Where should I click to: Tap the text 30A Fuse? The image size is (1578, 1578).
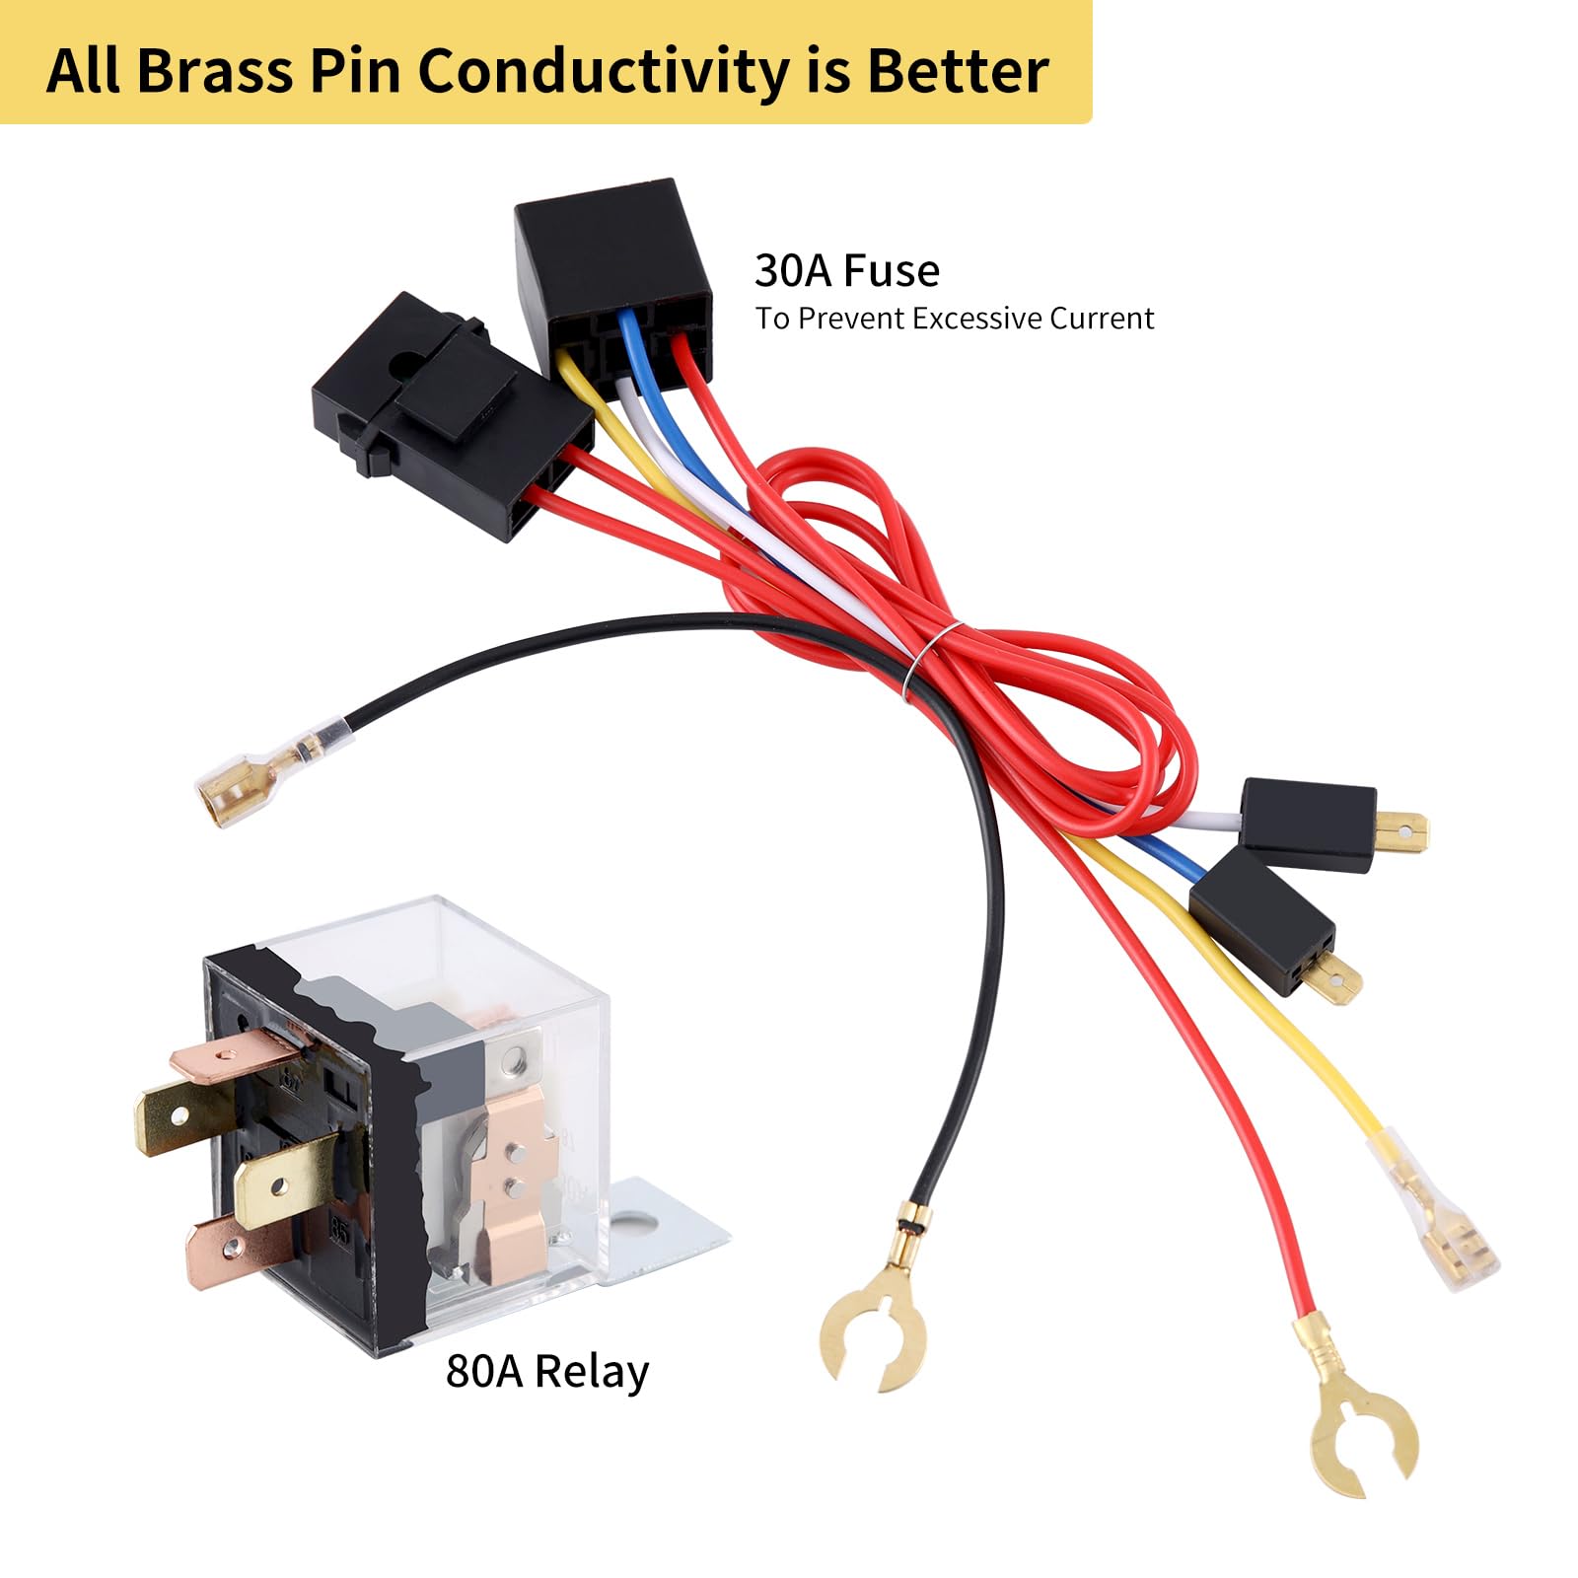tap(847, 270)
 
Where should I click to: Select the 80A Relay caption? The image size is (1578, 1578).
tap(547, 1372)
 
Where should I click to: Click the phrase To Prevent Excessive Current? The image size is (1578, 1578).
tap(955, 319)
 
